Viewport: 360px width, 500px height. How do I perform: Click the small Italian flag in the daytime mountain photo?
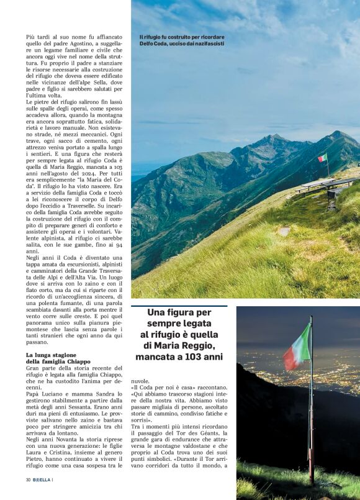(x=323, y=158)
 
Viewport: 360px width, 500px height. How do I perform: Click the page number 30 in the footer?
(x=29, y=480)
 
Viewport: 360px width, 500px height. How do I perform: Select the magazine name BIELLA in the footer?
(x=42, y=480)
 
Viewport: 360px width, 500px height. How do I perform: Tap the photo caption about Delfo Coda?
(x=182, y=40)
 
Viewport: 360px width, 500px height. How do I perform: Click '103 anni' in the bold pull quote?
(x=200, y=357)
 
